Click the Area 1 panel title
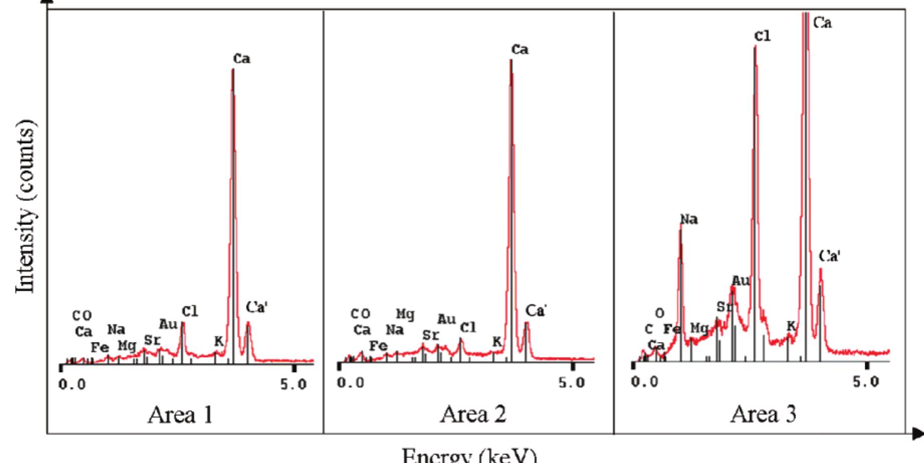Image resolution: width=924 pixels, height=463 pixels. (x=180, y=415)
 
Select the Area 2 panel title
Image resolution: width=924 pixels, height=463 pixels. (x=473, y=415)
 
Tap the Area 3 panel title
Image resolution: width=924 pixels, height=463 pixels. (x=763, y=415)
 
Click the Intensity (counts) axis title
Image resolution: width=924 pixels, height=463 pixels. (x=26, y=206)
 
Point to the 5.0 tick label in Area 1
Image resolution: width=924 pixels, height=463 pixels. (x=294, y=384)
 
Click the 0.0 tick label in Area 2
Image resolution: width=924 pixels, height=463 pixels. (x=350, y=383)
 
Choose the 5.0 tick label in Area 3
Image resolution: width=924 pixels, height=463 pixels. (x=866, y=382)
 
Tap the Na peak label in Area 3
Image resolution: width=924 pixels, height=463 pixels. (x=689, y=219)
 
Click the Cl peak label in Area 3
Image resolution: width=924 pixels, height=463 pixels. (x=762, y=36)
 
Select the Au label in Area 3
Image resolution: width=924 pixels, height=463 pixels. (x=741, y=281)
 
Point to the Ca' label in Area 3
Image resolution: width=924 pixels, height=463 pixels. (x=830, y=256)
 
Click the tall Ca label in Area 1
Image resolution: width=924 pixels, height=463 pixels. (x=241, y=59)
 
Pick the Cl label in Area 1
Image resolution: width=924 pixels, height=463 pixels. (x=190, y=312)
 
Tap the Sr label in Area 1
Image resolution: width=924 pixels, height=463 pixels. (x=152, y=340)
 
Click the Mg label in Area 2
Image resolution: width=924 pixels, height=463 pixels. (x=405, y=315)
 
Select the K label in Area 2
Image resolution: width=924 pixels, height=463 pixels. (x=496, y=342)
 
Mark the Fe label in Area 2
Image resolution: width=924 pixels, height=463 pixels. (x=378, y=346)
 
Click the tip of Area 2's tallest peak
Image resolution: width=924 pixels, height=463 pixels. (x=510, y=60)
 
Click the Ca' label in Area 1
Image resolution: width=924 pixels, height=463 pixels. (x=256, y=307)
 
